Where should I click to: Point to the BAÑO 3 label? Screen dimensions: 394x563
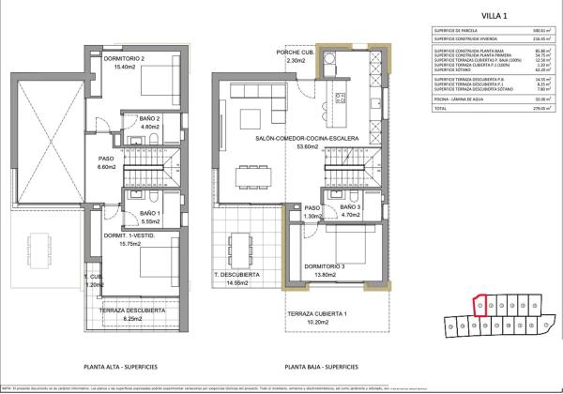(x=350, y=206)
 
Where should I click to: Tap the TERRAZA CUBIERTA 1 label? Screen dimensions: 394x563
(x=316, y=313)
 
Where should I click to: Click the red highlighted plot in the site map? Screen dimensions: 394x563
(x=479, y=306)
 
